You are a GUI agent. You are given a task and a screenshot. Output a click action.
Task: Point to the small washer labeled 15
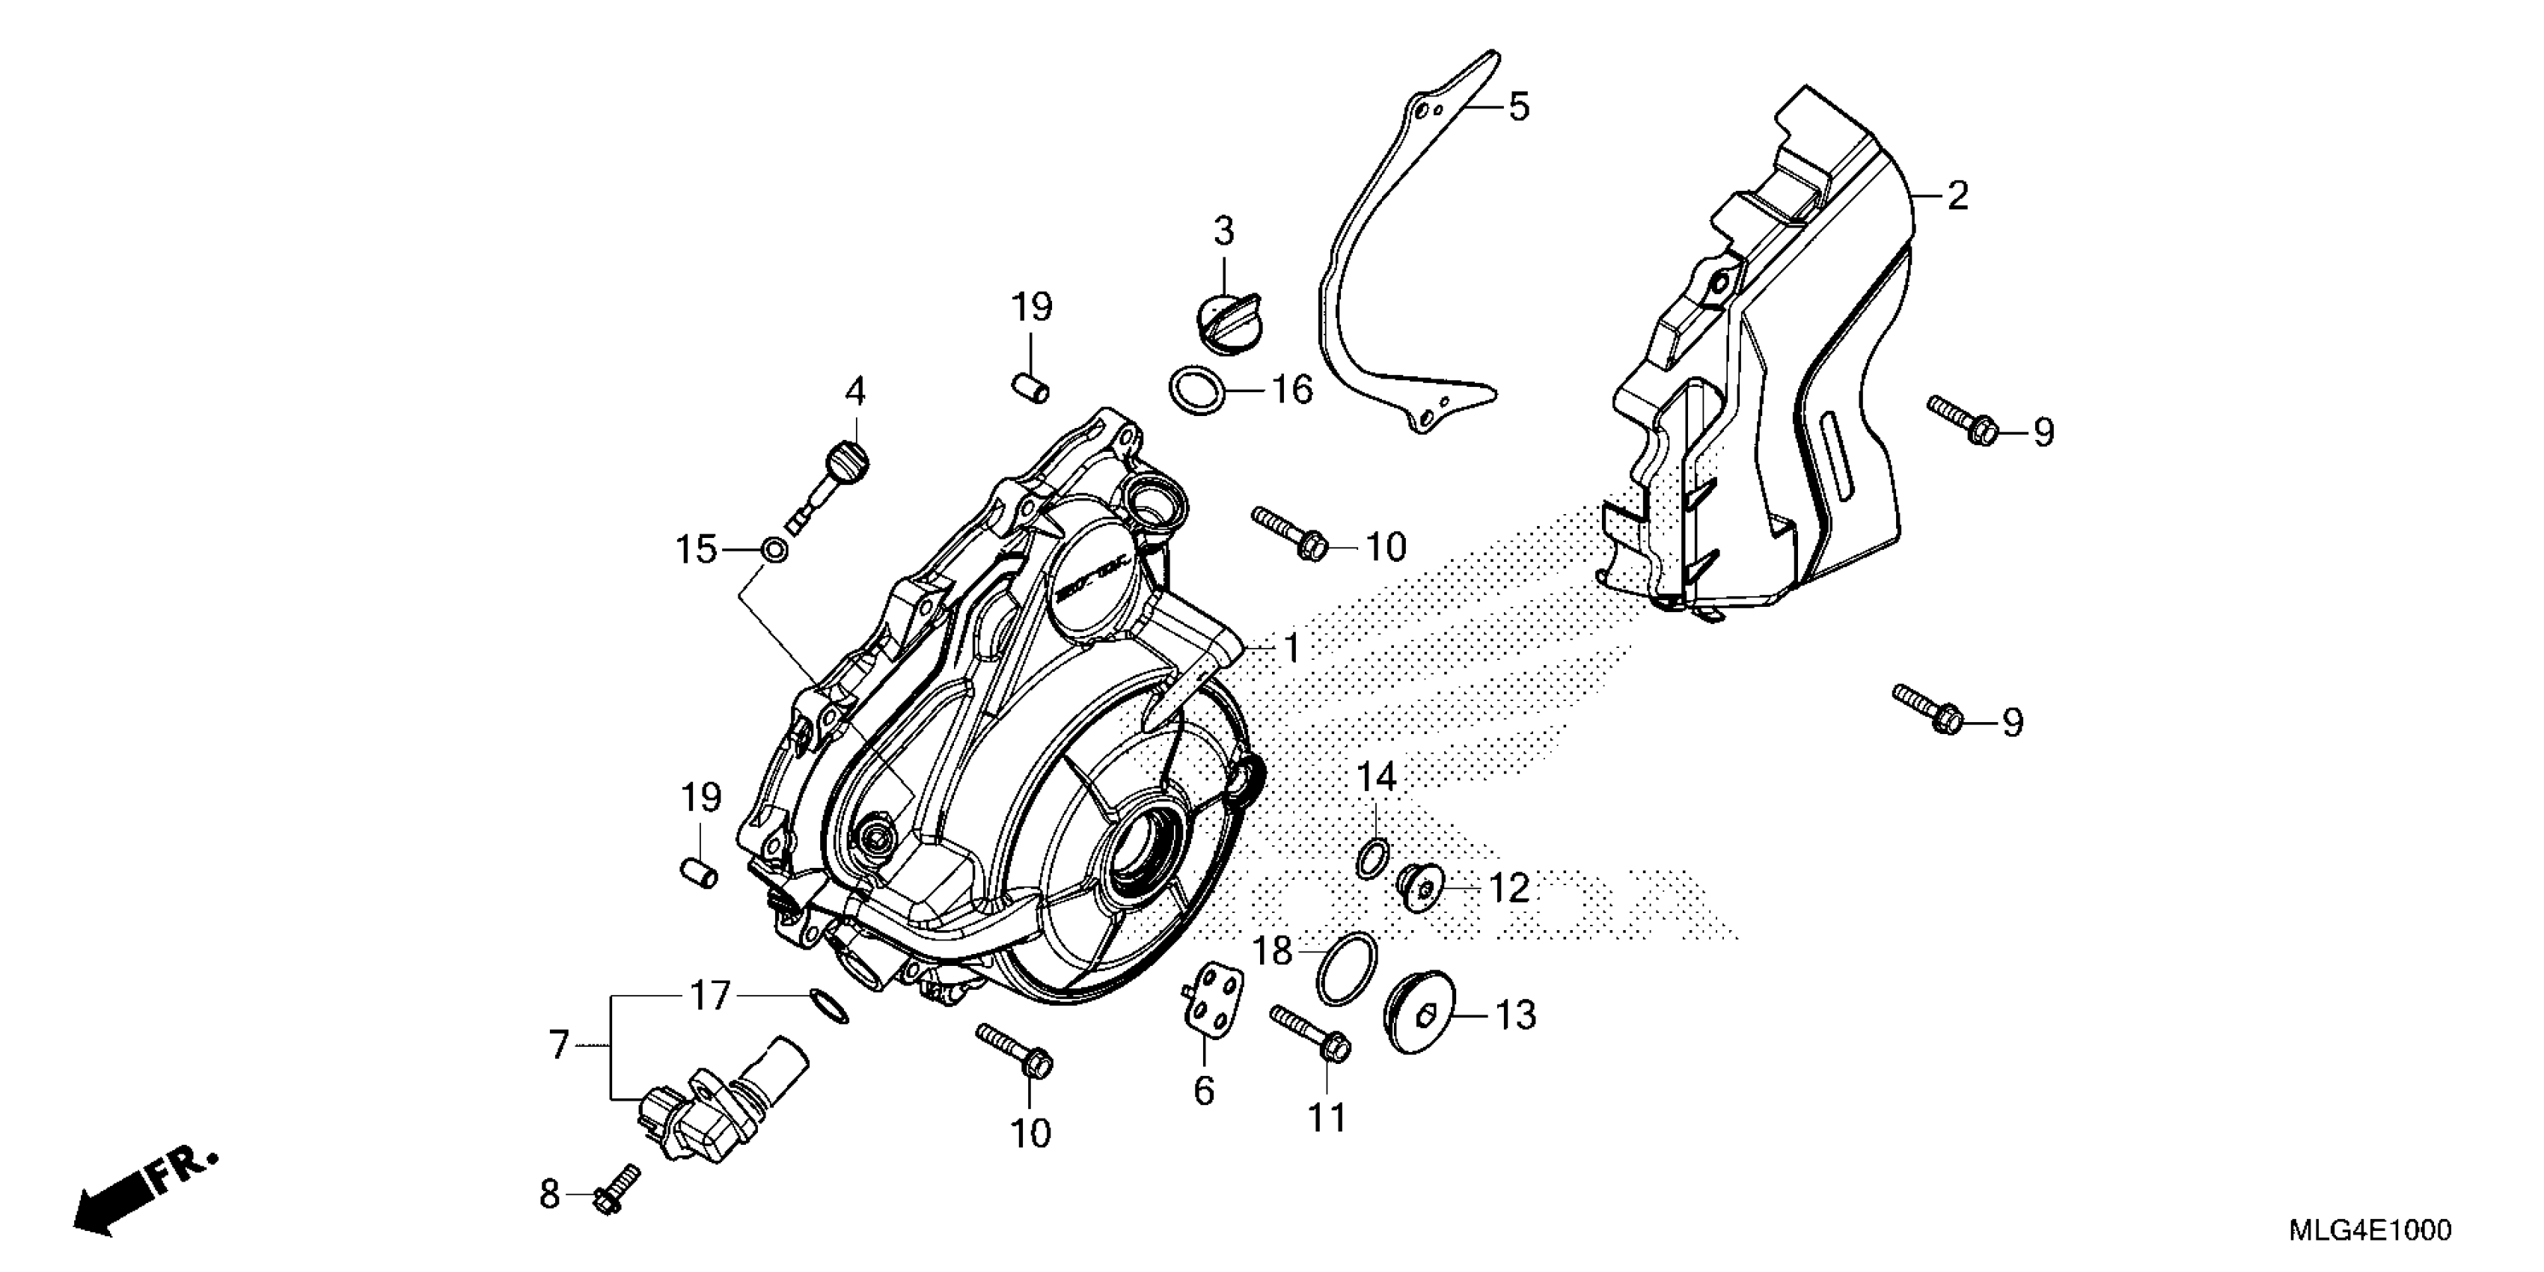click(x=775, y=549)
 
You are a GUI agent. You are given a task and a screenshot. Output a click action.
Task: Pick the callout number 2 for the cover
click(x=1957, y=195)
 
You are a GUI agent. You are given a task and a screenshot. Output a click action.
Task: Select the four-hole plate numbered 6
click(x=1213, y=1003)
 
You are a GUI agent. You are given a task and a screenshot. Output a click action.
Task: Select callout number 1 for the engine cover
click(x=1291, y=649)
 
